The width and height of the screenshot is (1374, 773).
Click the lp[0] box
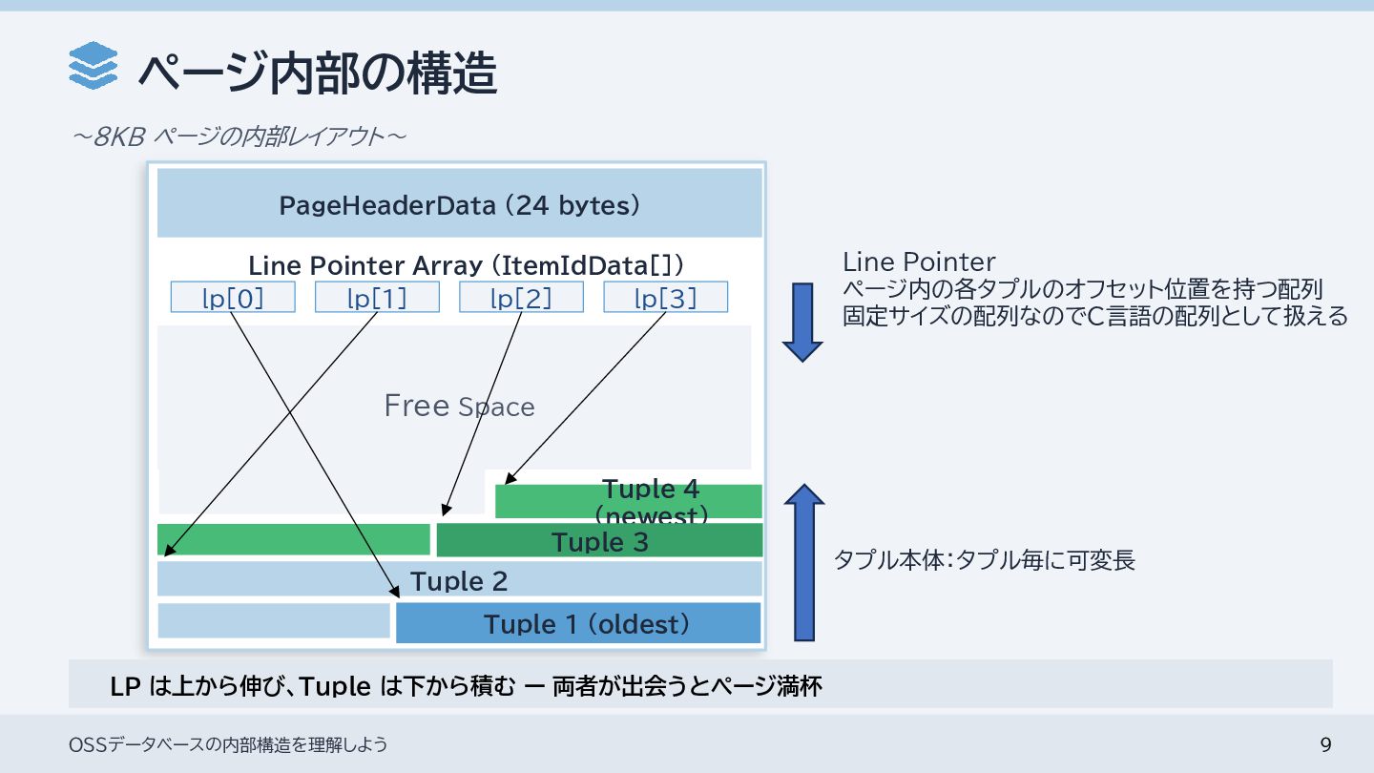(x=233, y=298)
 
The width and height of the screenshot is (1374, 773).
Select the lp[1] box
(x=377, y=298)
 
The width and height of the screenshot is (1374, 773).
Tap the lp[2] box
(x=521, y=298)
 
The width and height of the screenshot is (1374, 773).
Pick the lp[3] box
(x=665, y=298)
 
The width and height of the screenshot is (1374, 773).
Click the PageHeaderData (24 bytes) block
(x=459, y=204)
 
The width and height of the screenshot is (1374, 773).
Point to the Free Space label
(x=459, y=407)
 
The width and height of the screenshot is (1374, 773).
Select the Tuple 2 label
(x=459, y=580)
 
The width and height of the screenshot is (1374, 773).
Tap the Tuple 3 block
(x=599, y=541)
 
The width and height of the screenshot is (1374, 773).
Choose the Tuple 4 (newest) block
(x=651, y=500)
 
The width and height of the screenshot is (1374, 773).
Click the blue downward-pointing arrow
(x=802, y=322)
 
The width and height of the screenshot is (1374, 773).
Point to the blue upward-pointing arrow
(x=804, y=562)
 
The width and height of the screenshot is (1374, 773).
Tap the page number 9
(x=1324, y=744)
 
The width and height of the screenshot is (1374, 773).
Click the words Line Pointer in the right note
(x=919, y=262)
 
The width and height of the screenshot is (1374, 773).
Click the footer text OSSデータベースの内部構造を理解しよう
(x=228, y=744)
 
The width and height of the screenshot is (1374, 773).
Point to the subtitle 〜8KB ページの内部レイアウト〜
(x=239, y=136)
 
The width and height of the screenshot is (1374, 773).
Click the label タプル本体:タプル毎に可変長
(x=985, y=560)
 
